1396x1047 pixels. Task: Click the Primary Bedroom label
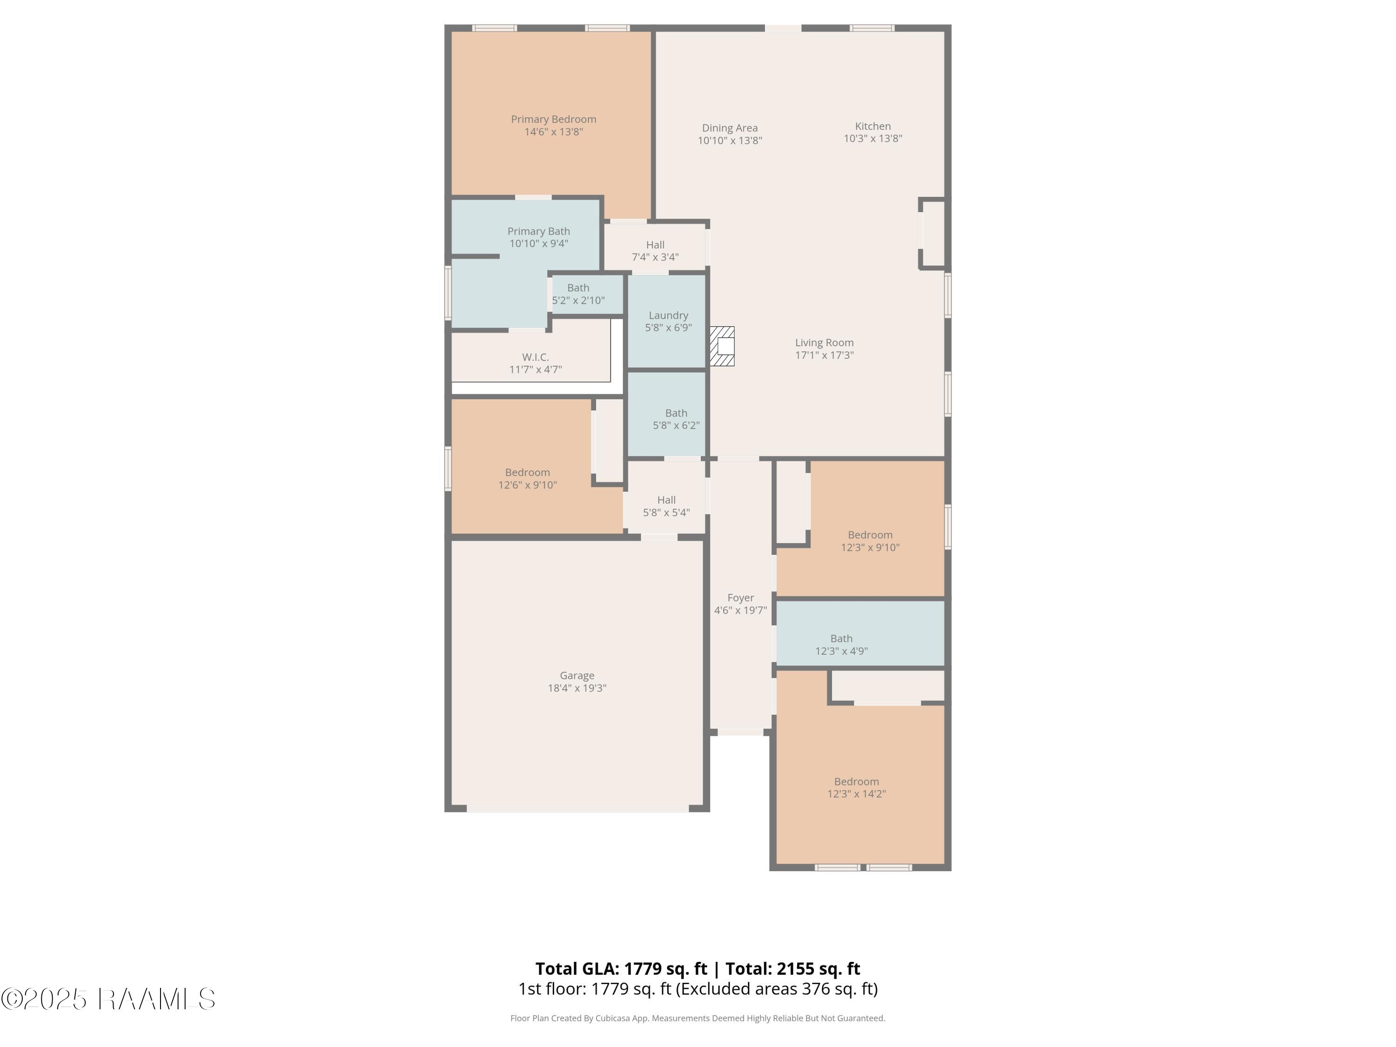(x=553, y=119)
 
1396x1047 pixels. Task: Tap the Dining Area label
(x=730, y=128)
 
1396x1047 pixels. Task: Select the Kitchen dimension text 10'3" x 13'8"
(x=873, y=138)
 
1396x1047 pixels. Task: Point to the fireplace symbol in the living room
(x=722, y=346)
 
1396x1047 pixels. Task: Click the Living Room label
(x=824, y=342)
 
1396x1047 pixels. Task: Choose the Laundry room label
(x=668, y=315)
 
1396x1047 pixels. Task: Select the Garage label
(x=577, y=675)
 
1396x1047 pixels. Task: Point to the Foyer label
(x=740, y=597)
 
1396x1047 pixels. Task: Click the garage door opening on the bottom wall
(x=577, y=808)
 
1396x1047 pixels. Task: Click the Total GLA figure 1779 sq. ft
(x=666, y=969)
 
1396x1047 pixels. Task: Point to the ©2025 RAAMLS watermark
(x=108, y=999)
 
